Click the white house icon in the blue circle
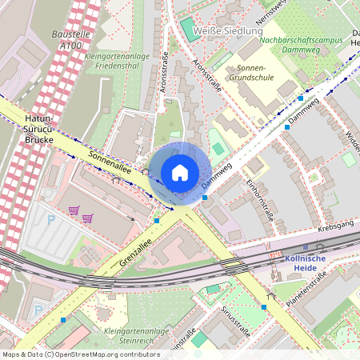coord(180,173)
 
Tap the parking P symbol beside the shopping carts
coord(52,218)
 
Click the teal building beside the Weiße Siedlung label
coord(189,28)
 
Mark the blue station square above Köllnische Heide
coord(305,247)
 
